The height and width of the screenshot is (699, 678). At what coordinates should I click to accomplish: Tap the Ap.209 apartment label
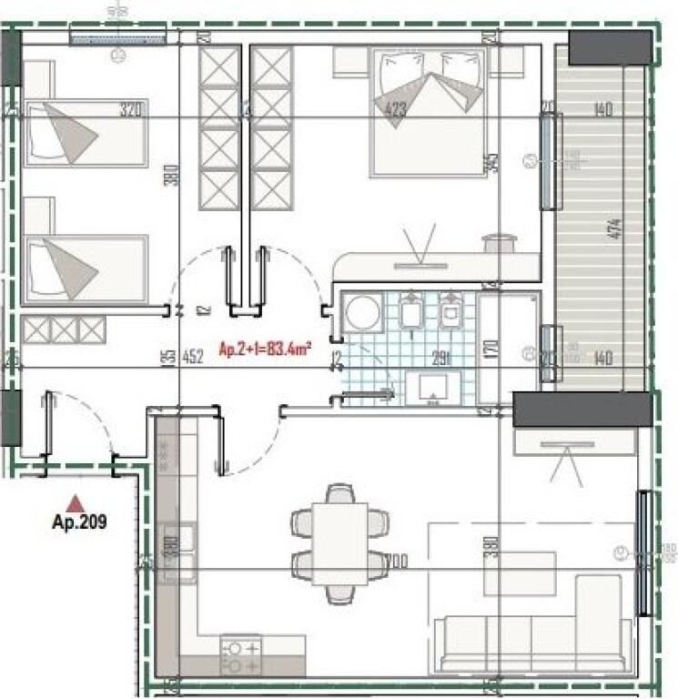click(80, 523)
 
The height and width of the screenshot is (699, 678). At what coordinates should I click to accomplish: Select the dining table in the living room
click(339, 544)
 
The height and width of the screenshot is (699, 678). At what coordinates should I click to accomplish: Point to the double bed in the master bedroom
click(427, 111)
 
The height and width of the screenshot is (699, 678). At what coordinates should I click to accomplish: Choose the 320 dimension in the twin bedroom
click(132, 111)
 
